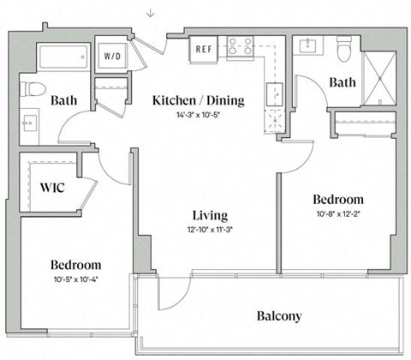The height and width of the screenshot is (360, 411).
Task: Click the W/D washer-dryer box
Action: [x=113, y=57]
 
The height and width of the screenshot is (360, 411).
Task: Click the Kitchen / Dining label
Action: [x=198, y=100]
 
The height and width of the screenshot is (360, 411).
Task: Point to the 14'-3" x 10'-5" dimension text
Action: [x=198, y=116]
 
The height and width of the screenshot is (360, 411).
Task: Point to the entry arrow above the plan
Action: [x=151, y=12]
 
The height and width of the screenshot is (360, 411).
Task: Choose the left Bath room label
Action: [x=64, y=101]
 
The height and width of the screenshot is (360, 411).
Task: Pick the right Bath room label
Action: [x=342, y=83]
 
